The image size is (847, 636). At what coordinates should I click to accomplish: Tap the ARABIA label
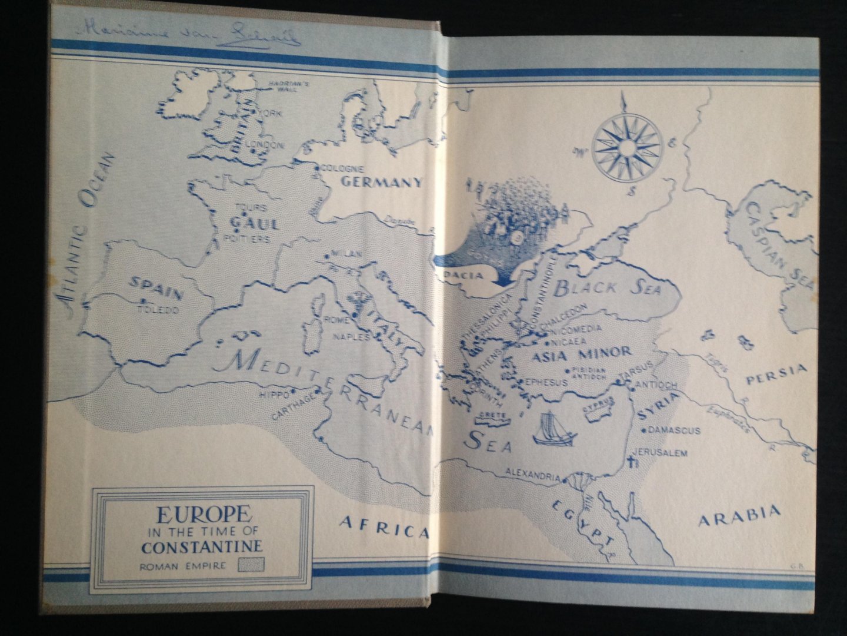pos(739,516)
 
